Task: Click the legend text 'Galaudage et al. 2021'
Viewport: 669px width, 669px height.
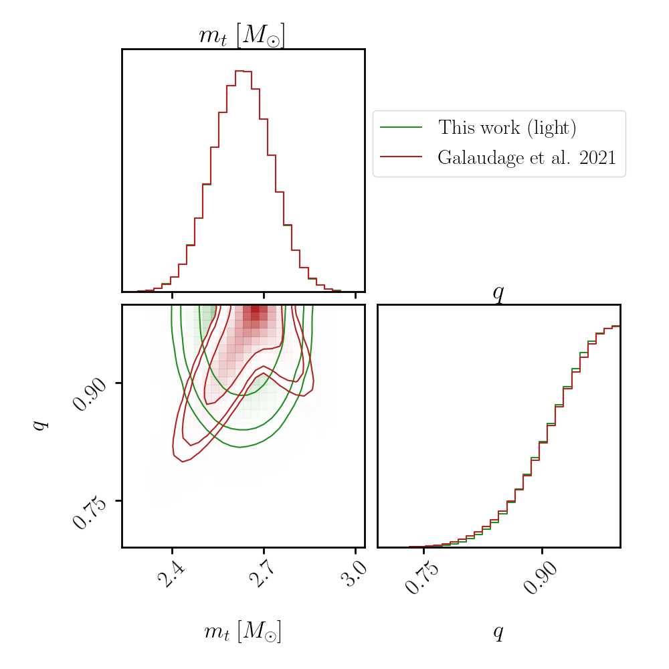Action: coord(527,158)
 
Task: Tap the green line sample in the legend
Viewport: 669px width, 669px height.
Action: coord(401,127)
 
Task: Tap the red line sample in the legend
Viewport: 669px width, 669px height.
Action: coord(401,157)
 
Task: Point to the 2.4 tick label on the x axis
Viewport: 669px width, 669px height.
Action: coord(172,575)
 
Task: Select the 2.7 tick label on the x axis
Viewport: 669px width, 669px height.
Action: coord(263,575)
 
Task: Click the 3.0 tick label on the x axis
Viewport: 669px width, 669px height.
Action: coord(355,575)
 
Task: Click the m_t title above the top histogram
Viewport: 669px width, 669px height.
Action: coord(242,36)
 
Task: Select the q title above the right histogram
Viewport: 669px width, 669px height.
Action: coord(498,293)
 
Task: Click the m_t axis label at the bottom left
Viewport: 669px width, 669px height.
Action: coord(242,632)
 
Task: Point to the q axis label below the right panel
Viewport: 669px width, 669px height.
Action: coord(498,632)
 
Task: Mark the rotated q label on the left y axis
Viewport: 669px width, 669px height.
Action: coord(40,425)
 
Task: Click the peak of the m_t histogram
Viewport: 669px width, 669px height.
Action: coord(243,70)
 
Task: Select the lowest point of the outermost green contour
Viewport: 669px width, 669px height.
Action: coord(240,447)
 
